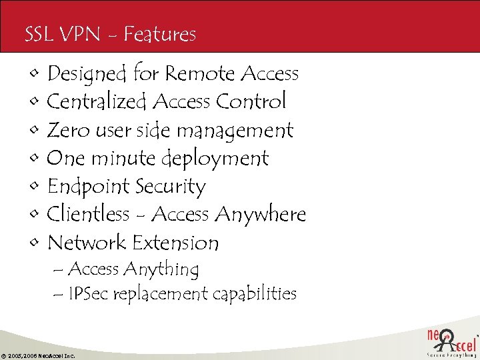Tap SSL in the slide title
[37, 34]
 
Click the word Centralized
[97, 101]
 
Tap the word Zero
[68, 130]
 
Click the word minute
[123, 159]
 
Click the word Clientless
[88, 215]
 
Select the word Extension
[176, 243]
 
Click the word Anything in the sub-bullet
[161, 270]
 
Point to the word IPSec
[91, 294]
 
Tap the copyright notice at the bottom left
[38, 356]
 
